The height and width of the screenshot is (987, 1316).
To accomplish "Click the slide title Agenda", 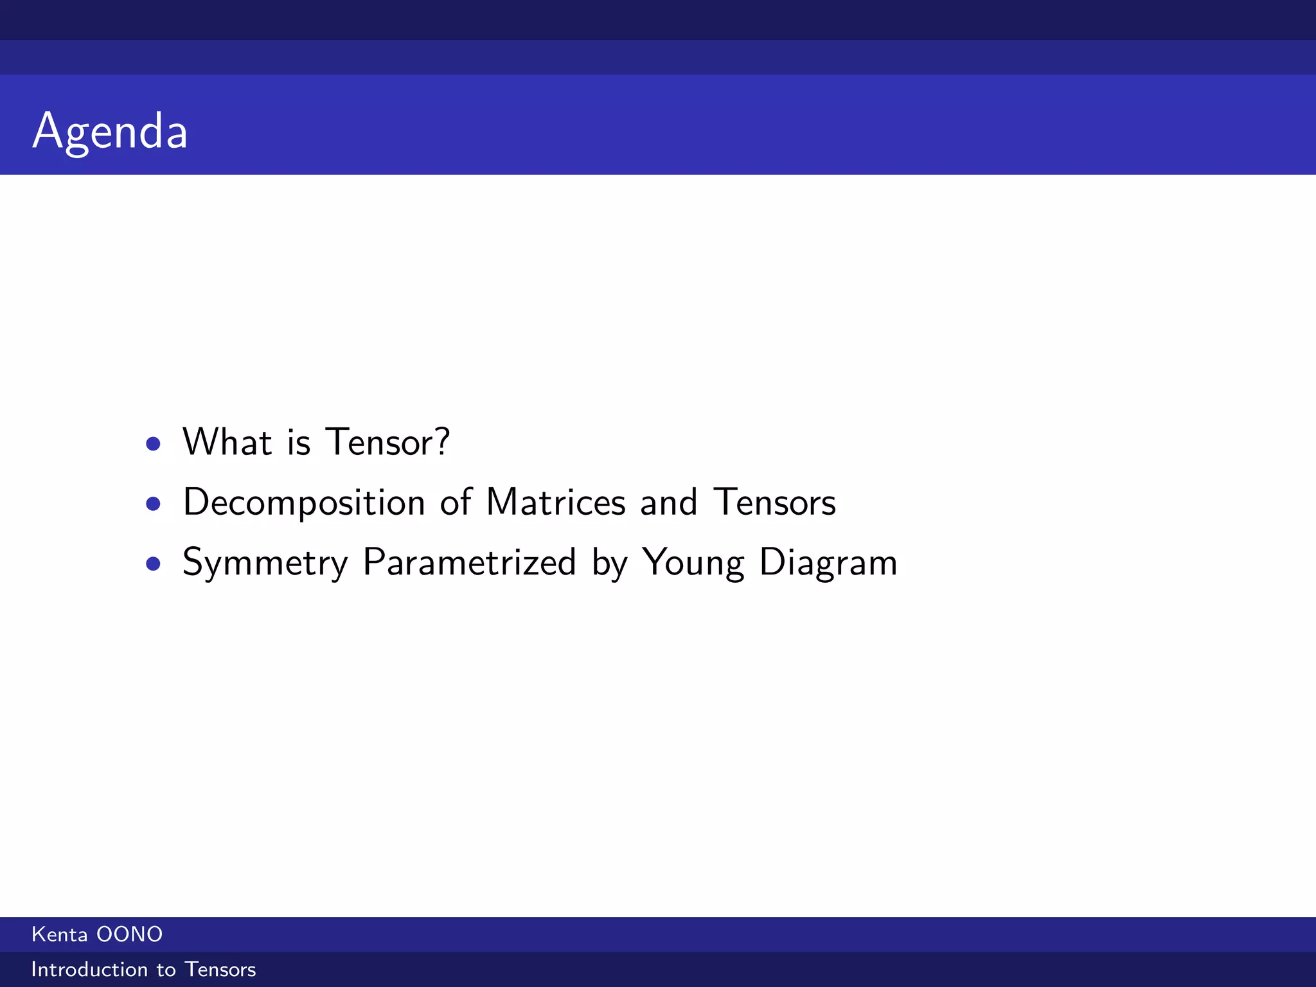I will (x=110, y=131).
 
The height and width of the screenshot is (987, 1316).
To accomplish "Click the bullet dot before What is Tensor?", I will (x=153, y=443).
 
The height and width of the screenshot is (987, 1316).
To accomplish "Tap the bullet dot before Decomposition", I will (x=153, y=503).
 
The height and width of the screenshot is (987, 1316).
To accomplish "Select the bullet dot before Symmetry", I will (x=153, y=564).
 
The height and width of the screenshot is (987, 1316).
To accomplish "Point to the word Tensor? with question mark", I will (x=387, y=442).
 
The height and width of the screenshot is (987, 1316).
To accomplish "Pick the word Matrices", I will (x=556, y=502).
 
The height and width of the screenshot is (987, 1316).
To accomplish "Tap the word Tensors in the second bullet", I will (x=774, y=502).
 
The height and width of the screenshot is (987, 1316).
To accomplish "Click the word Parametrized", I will (x=469, y=562).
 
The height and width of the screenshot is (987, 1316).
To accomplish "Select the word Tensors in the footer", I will (x=220, y=969).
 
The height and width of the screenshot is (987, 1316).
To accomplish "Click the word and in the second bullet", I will (x=668, y=502).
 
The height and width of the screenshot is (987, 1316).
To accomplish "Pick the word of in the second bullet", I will (x=456, y=502).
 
